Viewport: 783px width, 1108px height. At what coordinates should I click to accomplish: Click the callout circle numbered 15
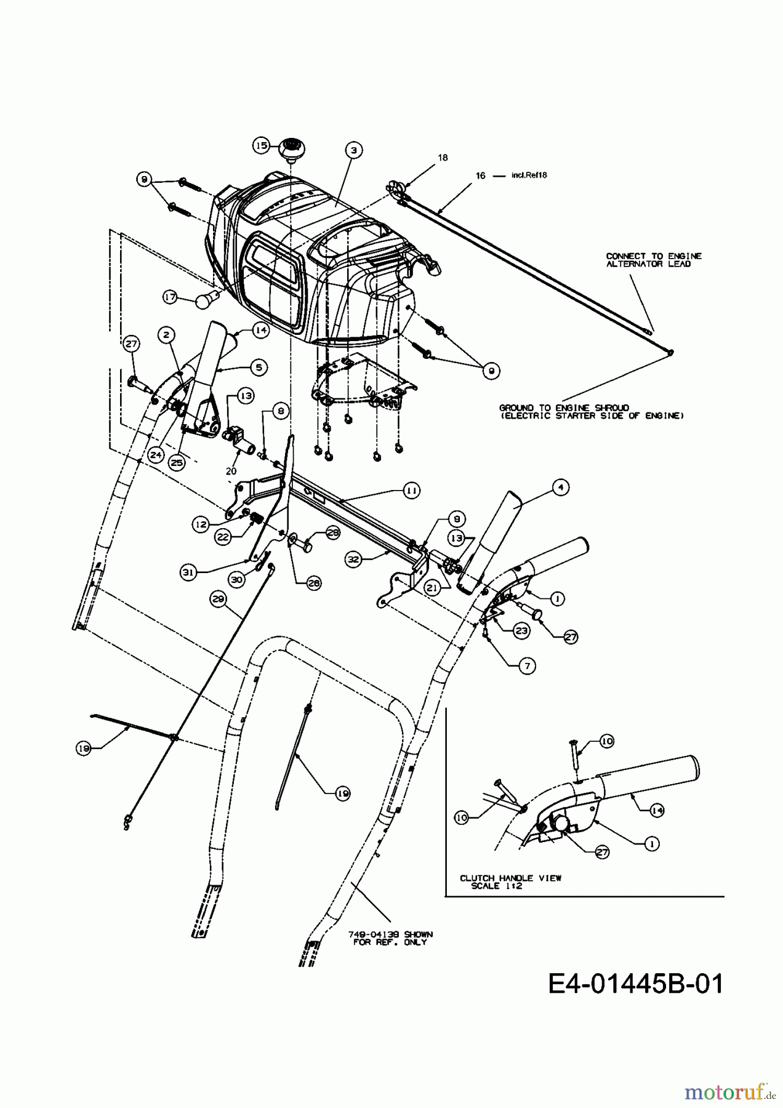coord(261,145)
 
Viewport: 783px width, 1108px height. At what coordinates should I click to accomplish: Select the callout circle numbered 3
coord(354,149)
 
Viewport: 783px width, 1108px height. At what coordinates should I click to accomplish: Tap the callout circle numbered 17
coord(170,297)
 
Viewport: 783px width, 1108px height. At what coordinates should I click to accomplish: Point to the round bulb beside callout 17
coord(203,300)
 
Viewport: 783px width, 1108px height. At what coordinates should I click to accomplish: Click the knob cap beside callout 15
coord(288,150)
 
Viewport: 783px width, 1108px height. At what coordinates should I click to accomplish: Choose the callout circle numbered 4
coord(560,488)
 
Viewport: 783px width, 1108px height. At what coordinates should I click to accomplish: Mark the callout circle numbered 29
coord(219,598)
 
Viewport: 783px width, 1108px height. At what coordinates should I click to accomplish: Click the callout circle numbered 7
coord(528,665)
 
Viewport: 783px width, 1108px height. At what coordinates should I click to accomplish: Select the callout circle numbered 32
coord(353,560)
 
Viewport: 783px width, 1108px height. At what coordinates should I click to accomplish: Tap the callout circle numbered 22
coord(223,536)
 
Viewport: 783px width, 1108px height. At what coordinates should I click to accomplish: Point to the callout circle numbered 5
coord(259,367)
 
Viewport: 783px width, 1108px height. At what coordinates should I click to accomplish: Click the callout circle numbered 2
coord(166,334)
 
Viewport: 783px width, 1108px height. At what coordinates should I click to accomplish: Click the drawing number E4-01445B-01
coord(635,984)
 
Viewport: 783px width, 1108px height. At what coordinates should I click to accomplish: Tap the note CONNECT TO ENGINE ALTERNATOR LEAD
coord(653,260)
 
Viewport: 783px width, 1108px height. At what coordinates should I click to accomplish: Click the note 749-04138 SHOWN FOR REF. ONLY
coord(392,938)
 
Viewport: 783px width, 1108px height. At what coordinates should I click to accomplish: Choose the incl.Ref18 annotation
coord(529,175)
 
